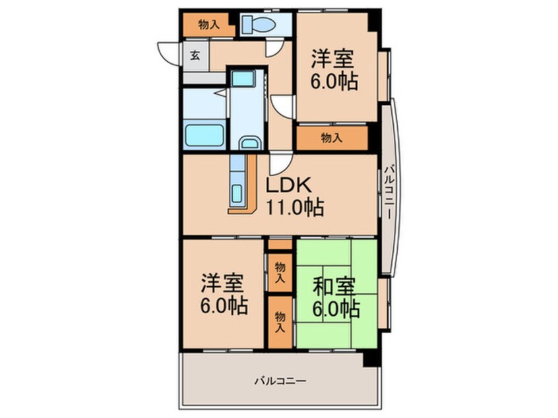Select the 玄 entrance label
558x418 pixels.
tap(196, 55)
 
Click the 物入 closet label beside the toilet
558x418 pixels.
tap(208, 25)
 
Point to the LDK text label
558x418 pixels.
tap(288, 186)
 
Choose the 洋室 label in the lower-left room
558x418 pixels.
tap(222, 284)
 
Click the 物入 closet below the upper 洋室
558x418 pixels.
tap(332, 138)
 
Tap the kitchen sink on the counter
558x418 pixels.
tap(239, 194)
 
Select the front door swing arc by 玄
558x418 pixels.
tap(167, 53)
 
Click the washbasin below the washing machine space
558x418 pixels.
tap(249, 143)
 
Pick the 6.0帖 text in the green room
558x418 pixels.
tap(336, 309)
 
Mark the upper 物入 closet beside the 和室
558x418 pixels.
tap(280, 270)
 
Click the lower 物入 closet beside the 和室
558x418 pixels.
tap(280, 321)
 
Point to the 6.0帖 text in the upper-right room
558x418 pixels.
tap(335, 82)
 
